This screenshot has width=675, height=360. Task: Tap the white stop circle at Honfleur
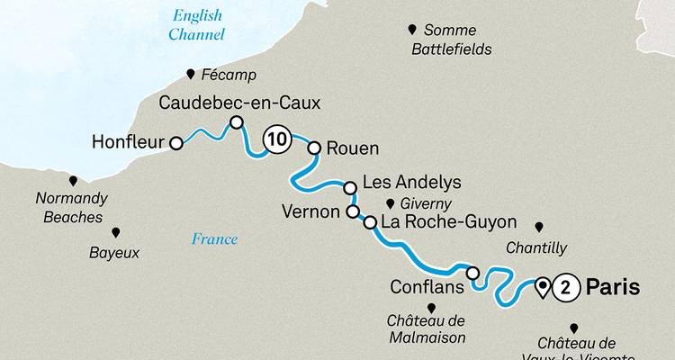(177, 142)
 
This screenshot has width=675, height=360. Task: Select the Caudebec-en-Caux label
(238, 103)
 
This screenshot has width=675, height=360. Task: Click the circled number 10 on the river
(277, 139)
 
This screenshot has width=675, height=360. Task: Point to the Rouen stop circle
(314, 148)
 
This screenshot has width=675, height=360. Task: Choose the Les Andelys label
(411, 183)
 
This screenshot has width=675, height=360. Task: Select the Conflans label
(427, 287)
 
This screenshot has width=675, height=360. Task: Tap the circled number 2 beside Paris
(565, 288)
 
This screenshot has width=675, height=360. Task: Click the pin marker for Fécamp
(191, 74)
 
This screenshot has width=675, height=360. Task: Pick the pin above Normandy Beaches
(73, 181)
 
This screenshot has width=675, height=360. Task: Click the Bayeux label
(114, 253)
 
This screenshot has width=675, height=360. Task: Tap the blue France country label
(214, 238)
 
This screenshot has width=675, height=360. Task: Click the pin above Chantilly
(539, 227)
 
